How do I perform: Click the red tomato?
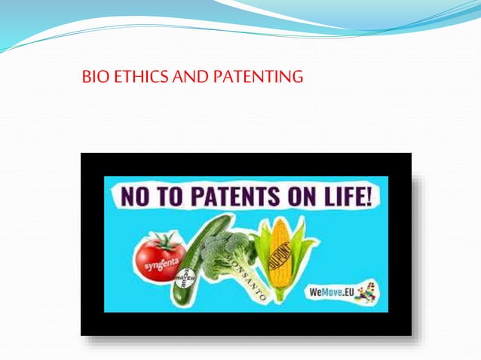click(x=159, y=256)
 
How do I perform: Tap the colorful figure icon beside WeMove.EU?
click(x=367, y=290)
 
